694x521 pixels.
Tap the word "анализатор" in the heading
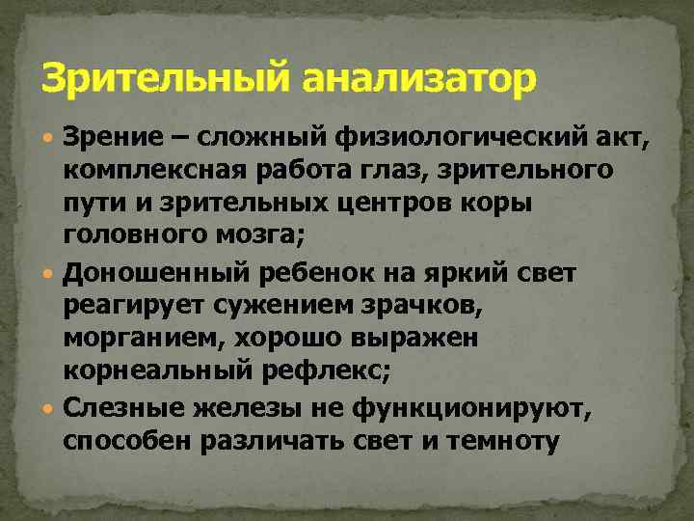(417, 77)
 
